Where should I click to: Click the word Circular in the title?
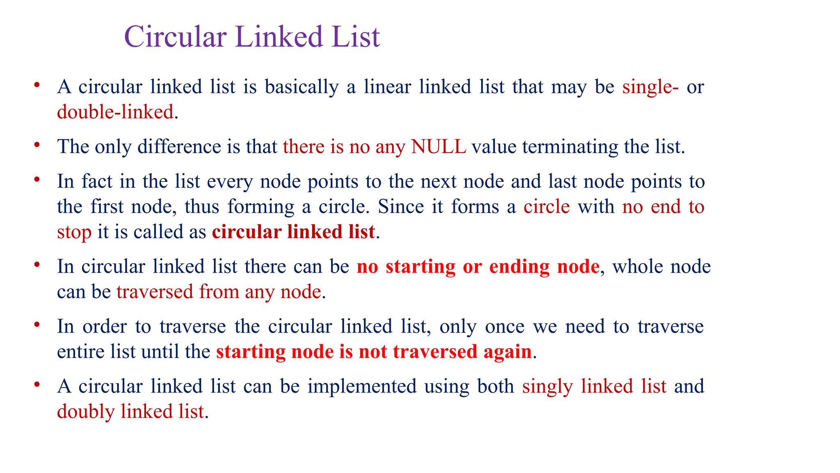175,37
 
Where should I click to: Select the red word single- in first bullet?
650,87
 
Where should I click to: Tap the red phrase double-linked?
115,112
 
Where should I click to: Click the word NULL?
438,147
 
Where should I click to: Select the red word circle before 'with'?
546,207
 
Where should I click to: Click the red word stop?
74,232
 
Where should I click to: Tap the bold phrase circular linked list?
293,232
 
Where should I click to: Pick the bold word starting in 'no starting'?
420,267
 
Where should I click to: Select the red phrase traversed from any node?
219,292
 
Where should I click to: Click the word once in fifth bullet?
504,327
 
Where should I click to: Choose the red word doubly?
85,412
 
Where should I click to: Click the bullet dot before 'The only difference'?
37,145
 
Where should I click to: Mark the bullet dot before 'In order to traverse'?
37,324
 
